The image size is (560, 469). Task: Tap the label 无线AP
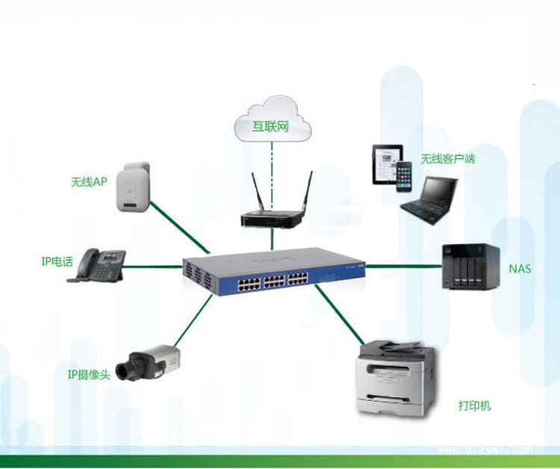click(x=89, y=181)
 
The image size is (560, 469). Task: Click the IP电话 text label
click(x=57, y=261)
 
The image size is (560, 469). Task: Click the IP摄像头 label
click(x=89, y=374)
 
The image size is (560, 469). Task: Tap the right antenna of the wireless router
click(x=308, y=193)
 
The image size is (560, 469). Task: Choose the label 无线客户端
click(x=447, y=159)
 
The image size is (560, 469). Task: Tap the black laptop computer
click(x=429, y=198)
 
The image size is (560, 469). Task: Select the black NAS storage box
click(x=470, y=266)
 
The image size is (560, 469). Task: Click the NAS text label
click(x=520, y=268)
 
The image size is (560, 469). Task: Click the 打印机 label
click(x=474, y=406)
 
